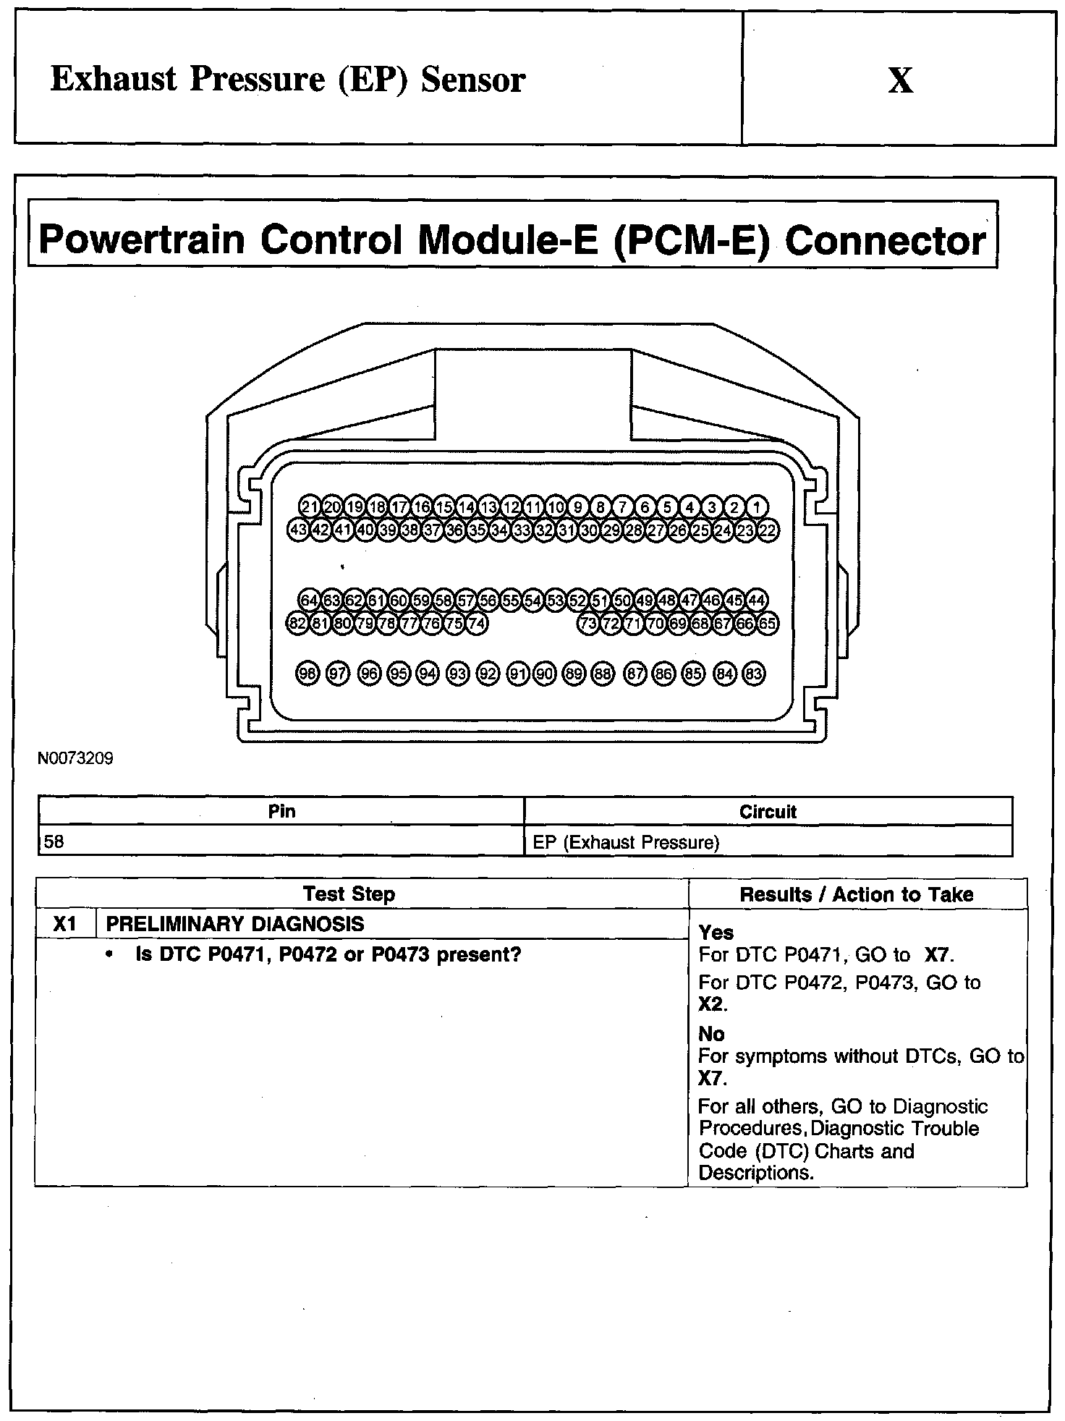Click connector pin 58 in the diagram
click(x=443, y=601)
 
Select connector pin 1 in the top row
click(x=757, y=506)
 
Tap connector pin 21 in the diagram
click(x=310, y=506)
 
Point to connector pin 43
click(x=298, y=530)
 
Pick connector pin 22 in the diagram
click(x=768, y=530)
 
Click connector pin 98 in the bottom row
click(x=307, y=674)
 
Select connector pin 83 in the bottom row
click(x=754, y=674)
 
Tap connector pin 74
click(x=476, y=623)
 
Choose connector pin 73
click(x=589, y=623)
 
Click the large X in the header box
click(x=900, y=80)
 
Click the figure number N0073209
click(x=75, y=759)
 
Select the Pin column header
click(x=281, y=811)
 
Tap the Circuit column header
click(x=768, y=812)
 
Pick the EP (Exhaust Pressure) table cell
click(x=626, y=842)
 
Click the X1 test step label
click(x=65, y=924)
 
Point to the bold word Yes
click(x=716, y=933)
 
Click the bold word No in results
click(x=711, y=1034)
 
